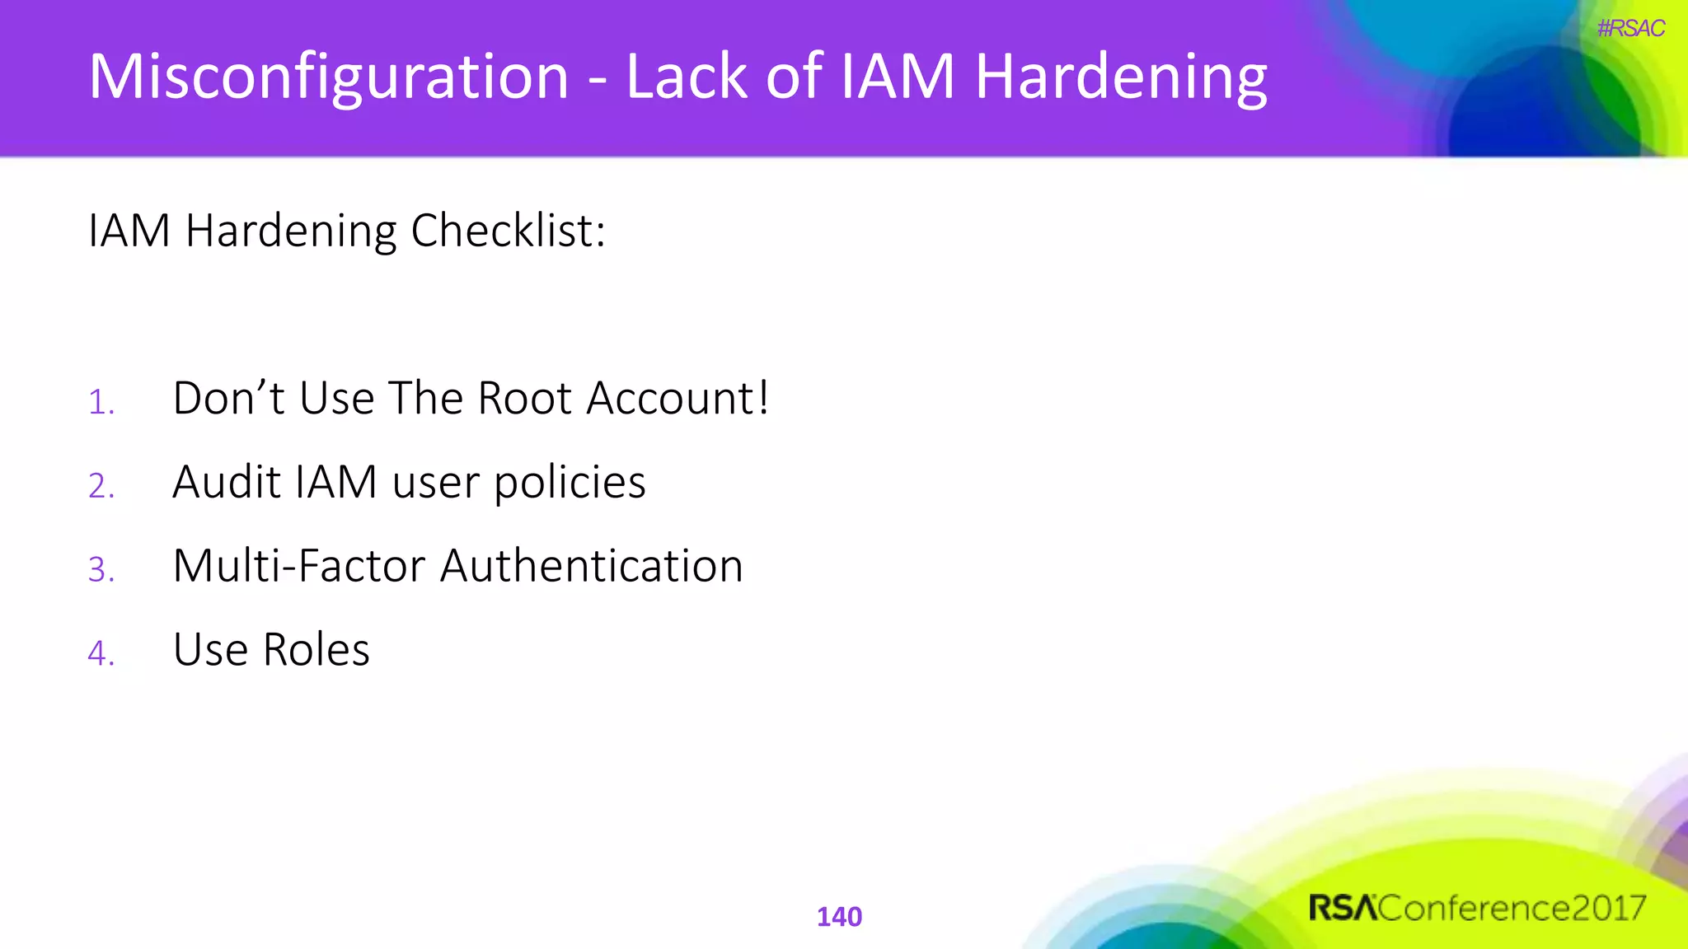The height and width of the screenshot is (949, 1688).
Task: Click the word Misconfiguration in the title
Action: (328, 77)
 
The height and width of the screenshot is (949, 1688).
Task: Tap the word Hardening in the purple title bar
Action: (1121, 77)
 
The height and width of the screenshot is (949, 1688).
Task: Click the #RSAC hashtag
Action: (1630, 29)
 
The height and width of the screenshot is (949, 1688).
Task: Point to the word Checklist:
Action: (509, 231)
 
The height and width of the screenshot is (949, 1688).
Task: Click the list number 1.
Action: (101, 403)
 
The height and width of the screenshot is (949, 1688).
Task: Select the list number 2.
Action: (101, 486)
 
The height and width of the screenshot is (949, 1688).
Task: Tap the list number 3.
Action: (101, 570)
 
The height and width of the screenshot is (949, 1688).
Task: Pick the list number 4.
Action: (101, 653)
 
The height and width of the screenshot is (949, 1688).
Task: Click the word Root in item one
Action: (524, 399)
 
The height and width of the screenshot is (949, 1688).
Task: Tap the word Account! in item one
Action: (678, 399)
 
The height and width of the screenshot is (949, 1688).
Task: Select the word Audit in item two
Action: (227, 482)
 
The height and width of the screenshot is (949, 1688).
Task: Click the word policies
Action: (570, 484)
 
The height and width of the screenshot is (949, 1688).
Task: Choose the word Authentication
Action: (591, 566)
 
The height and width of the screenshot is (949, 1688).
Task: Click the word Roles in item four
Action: (316, 650)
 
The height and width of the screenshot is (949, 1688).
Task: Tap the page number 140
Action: (839, 917)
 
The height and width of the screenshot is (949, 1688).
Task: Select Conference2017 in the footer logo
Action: (1512, 908)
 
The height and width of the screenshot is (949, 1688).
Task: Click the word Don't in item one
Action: (228, 399)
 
